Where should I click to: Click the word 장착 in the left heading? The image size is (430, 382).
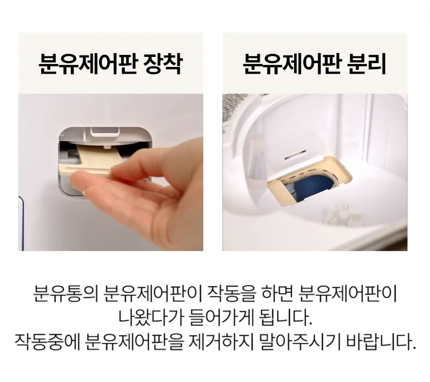[x=163, y=64]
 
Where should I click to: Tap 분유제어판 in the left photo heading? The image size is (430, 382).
[x=87, y=64]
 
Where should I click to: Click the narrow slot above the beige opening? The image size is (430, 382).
[x=295, y=155]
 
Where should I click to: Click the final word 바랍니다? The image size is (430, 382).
[x=381, y=342]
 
